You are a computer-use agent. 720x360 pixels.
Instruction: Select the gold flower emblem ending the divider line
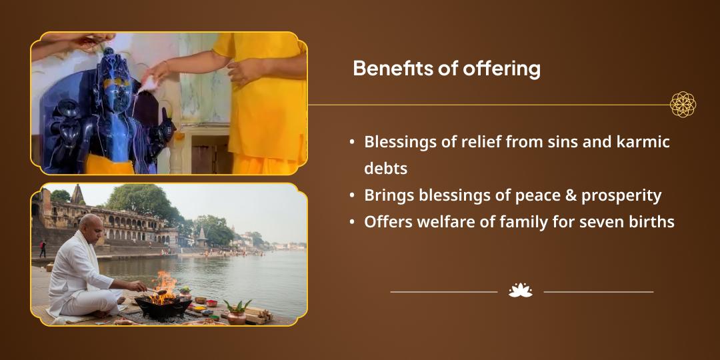pos(683,105)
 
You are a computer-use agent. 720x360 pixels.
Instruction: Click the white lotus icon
pos(521,291)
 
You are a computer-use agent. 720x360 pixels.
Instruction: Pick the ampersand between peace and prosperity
pos(570,195)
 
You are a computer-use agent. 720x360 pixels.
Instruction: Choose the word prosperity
pos(621,197)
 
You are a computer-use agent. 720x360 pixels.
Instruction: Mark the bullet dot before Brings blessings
pos(352,195)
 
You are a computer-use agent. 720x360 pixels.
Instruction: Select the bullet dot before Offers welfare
pos(352,222)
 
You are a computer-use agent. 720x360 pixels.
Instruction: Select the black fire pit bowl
pos(163,307)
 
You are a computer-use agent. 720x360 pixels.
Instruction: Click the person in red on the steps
pos(43,249)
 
